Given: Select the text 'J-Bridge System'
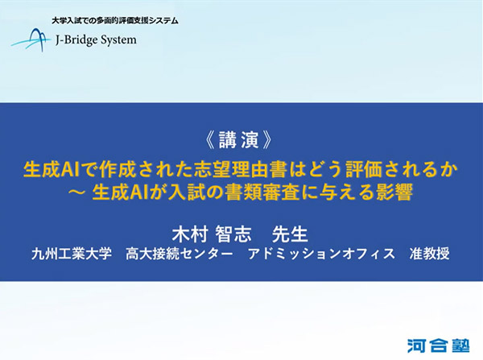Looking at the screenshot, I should [96, 39].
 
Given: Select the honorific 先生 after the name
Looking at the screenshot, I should [291, 234].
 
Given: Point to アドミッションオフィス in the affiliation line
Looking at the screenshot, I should [310, 254].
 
